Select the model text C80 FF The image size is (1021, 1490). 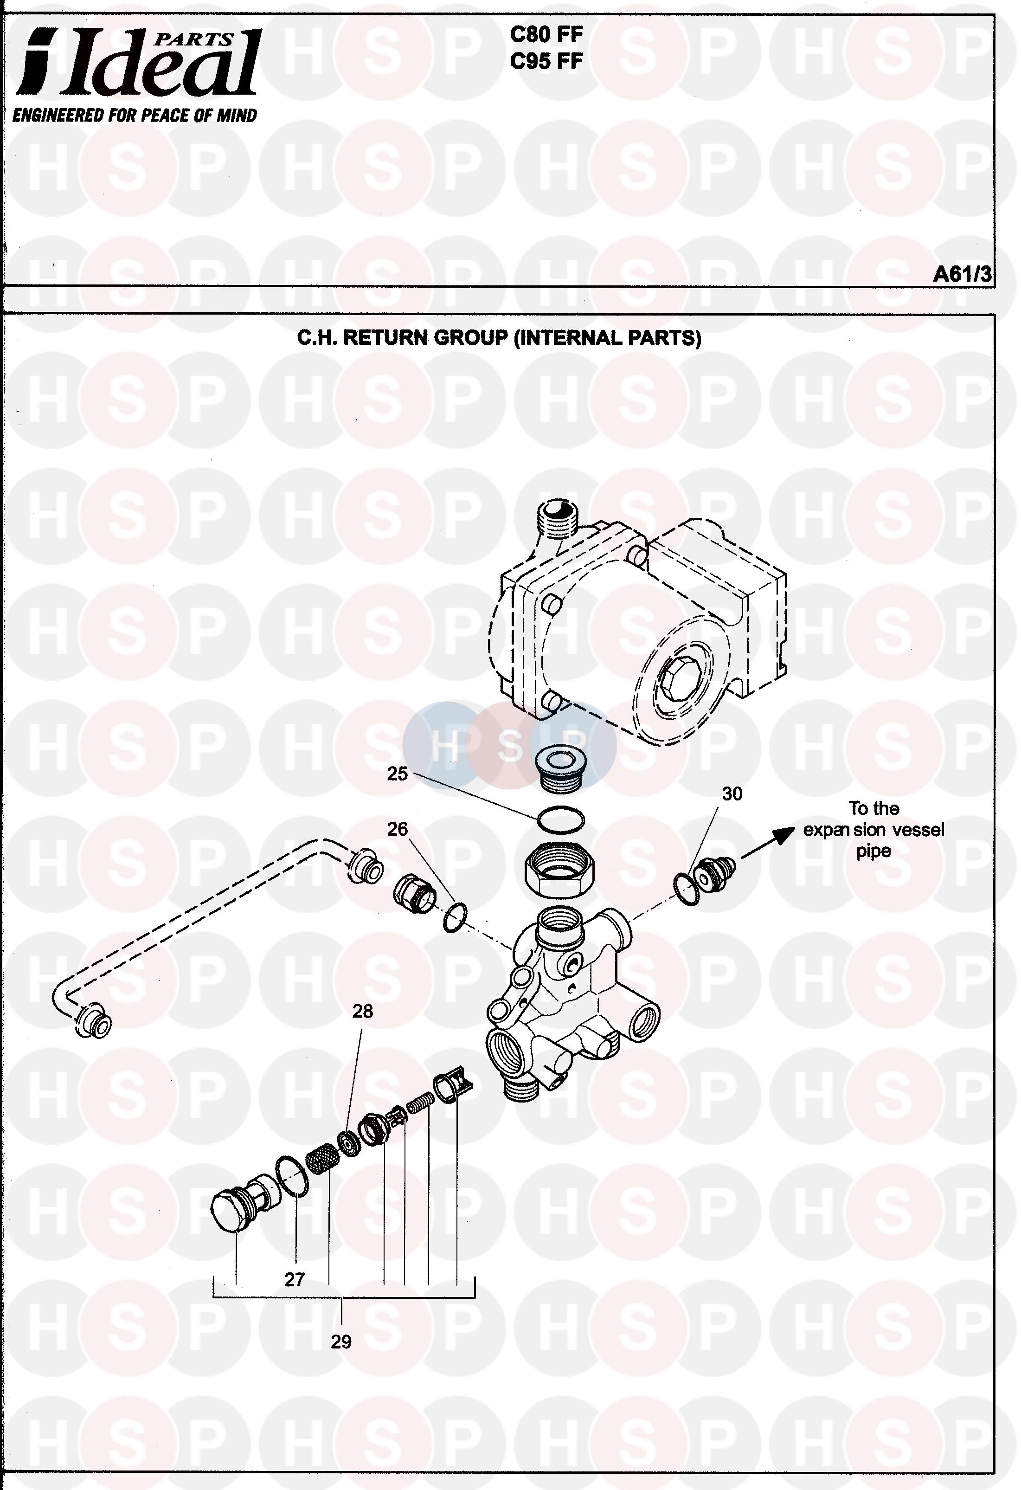pyautogui.click(x=546, y=35)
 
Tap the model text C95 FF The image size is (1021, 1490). pyautogui.click(x=546, y=62)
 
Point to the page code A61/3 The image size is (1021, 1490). pyautogui.click(x=962, y=274)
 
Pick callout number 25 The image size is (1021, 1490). pyautogui.click(x=398, y=774)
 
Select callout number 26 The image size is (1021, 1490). pyautogui.click(x=398, y=829)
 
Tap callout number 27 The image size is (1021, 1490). pyautogui.click(x=294, y=1280)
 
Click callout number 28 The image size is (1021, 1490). pyautogui.click(x=362, y=1011)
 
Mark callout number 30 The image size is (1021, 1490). pyautogui.click(x=732, y=794)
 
